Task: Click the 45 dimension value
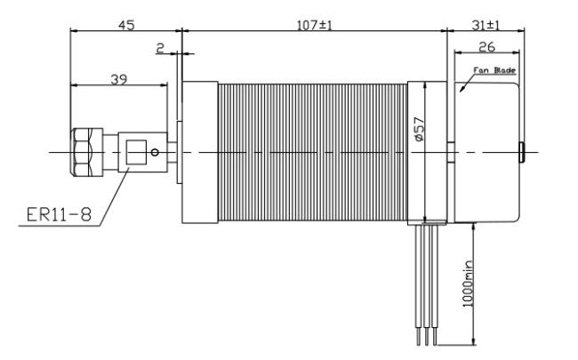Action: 126,25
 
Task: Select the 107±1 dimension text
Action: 315,25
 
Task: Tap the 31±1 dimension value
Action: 486,25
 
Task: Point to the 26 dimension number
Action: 486,47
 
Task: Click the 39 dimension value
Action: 118,79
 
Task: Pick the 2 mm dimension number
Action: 160,48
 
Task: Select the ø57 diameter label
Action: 419,129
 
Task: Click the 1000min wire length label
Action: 468,284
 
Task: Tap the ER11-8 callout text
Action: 59,214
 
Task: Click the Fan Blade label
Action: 494,70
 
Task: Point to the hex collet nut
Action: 86,152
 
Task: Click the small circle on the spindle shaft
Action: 155,152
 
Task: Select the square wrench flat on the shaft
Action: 136,152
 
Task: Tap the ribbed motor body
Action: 313,152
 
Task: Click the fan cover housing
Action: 486,152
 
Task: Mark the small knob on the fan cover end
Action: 522,152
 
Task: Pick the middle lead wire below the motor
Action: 427,284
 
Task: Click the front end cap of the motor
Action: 200,152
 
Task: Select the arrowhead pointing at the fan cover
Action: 463,87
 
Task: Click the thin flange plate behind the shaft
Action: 180,152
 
